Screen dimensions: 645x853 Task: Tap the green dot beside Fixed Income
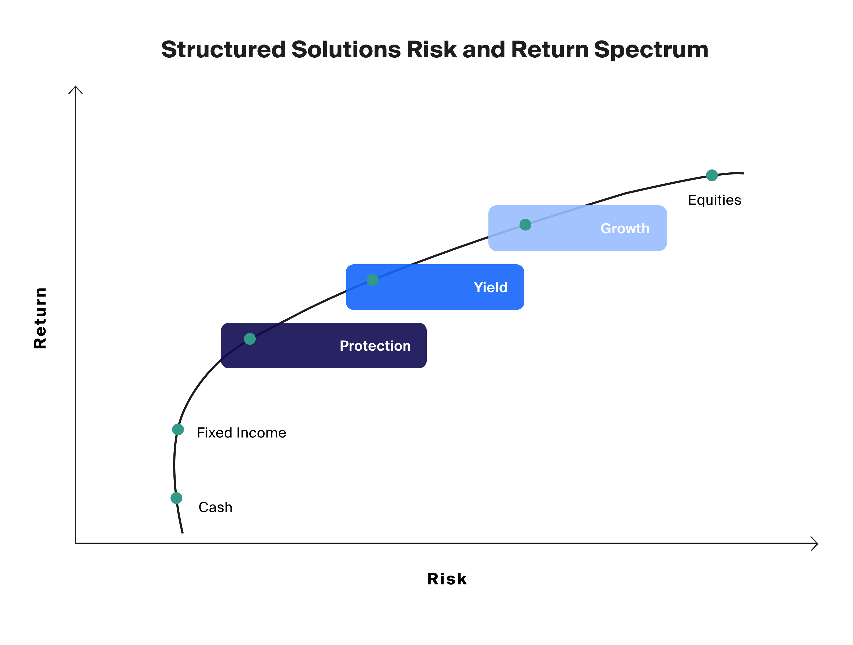178,429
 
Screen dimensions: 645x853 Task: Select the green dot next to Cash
176,498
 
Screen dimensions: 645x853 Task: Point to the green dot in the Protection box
250,339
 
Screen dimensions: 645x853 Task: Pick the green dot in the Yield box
373,280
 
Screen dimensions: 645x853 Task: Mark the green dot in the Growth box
525,225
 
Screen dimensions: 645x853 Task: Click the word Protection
375,346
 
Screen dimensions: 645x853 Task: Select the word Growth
625,229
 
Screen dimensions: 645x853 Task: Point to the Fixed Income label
242,433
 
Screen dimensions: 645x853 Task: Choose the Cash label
215,507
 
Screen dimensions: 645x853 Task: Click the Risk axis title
447,579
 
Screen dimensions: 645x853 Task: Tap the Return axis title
40,318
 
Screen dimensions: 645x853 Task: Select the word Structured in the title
224,50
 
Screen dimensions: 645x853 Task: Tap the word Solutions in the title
346,50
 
